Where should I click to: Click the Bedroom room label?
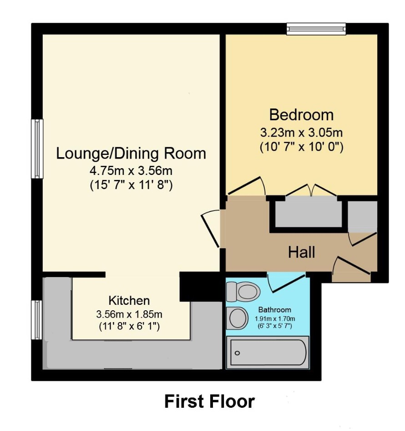tap(301, 115)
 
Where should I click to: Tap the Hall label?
tap(302, 252)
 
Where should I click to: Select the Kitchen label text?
tap(129, 301)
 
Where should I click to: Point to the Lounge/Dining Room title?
tap(131, 154)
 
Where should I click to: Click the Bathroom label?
tap(274, 310)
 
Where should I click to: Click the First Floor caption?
tap(209, 401)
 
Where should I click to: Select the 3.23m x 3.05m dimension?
tap(302, 133)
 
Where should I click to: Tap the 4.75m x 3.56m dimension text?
tap(131, 171)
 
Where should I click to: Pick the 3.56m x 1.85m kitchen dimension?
tap(129, 314)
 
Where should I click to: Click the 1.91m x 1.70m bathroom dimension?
tap(275, 319)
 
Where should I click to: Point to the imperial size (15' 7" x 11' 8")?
tap(131, 185)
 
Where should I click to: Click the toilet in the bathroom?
tap(243, 292)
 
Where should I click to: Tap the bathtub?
tap(268, 352)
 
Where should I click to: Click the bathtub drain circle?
tap(237, 353)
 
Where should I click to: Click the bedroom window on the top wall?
tap(316, 29)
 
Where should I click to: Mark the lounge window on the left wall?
tap(37, 149)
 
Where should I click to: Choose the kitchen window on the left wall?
tap(37, 320)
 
